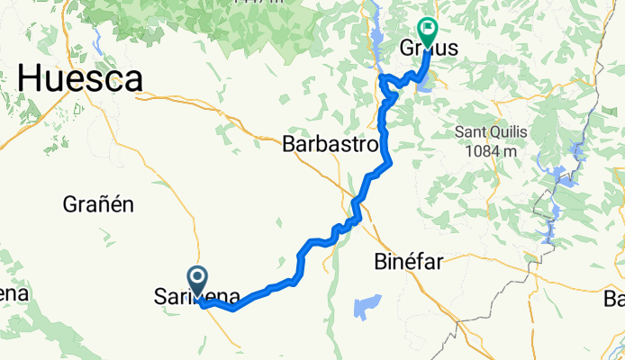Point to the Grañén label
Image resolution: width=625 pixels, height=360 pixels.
[98, 204]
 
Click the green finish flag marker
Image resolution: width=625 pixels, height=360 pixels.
[427, 31]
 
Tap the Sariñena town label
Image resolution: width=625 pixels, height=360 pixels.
[196, 296]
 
